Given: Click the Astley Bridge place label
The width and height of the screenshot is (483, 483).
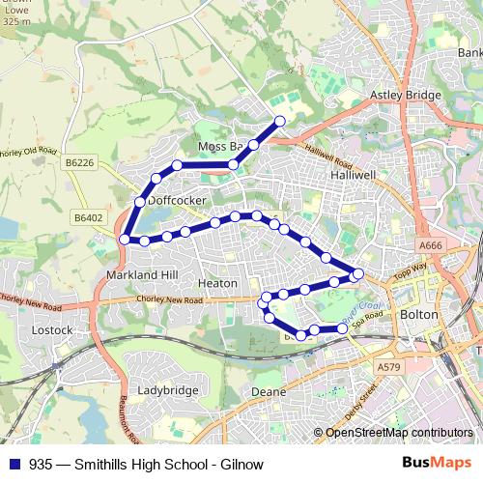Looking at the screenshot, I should coord(406,96).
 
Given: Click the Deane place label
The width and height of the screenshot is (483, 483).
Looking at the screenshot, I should coord(268,392).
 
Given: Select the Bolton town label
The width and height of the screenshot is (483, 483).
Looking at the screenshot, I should coord(418,315).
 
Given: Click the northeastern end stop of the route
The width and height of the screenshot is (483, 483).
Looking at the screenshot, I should coord(280,121).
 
